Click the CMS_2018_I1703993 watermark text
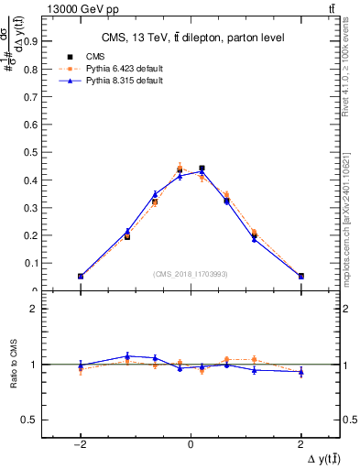(191, 274)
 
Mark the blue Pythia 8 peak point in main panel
(202, 171)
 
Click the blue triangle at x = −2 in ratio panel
(81, 365)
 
